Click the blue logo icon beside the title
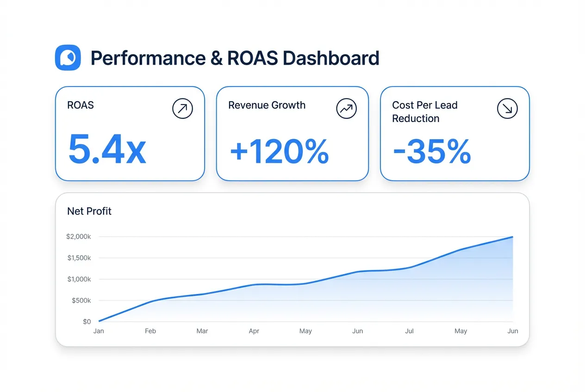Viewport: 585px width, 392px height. [x=68, y=58]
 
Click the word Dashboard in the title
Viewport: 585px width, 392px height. [x=330, y=58]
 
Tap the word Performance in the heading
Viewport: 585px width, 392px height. [x=148, y=58]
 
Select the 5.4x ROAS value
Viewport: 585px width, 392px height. [x=107, y=150]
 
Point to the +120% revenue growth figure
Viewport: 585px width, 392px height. [x=279, y=151]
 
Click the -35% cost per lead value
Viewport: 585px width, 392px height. [x=432, y=151]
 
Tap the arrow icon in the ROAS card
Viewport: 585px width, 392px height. [x=182, y=109]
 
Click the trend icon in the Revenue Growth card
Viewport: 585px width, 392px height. [x=346, y=109]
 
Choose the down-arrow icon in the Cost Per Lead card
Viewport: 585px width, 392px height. [x=507, y=109]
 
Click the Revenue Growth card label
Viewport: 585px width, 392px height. [x=267, y=105]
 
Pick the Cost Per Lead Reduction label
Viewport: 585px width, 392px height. [x=424, y=111]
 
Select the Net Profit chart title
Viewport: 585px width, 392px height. [x=89, y=211]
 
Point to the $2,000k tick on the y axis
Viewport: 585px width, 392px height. [x=79, y=237]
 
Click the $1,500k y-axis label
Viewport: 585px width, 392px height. [x=79, y=258]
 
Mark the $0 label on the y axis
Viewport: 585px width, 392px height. [x=87, y=322]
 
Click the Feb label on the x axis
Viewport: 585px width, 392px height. [x=150, y=331]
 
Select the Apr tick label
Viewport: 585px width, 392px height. [x=254, y=331]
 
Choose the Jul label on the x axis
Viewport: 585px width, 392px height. [x=409, y=331]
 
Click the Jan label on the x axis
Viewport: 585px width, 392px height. [x=99, y=331]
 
